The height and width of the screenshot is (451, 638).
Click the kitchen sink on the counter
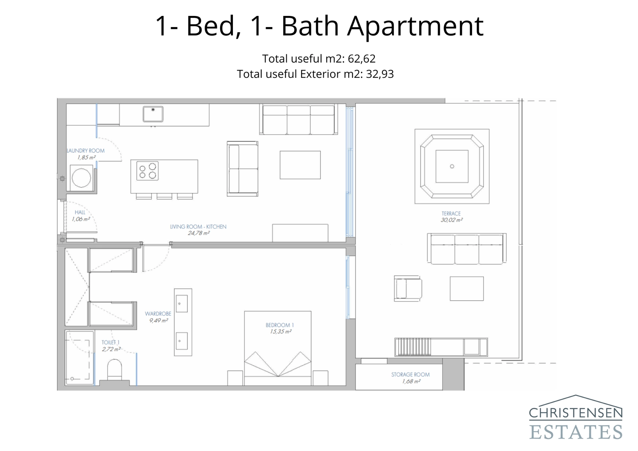[x=153, y=114]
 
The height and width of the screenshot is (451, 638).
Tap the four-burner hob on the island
[x=148, y=171]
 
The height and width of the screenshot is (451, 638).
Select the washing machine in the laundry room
[x=81, y=178]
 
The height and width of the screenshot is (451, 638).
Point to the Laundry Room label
[x=85, y=151]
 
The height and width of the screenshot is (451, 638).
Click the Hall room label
[x=80, y=213]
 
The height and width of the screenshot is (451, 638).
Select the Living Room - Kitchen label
[x=198, y=226]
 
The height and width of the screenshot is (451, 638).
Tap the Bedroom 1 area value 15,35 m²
[x=280, y=331]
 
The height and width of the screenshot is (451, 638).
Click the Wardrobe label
[x=158, y=314]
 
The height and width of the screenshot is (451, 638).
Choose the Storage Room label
[x=410, y=374]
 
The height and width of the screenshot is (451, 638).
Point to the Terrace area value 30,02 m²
[x=451, y=220]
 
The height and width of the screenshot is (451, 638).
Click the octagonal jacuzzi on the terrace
[x=452, y=166]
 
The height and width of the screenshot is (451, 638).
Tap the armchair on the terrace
[x=408, y=288]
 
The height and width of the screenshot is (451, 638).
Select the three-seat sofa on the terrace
[x=467, y=249]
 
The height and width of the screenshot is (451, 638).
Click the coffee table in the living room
[x=300, y=165]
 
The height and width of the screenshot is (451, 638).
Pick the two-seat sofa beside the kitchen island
[x=242, y=169]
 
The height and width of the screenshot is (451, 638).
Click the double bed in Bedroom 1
[x=278, y=351]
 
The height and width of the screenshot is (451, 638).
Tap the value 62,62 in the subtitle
[x=362, y=59]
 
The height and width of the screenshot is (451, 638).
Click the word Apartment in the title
[x=415, y=26]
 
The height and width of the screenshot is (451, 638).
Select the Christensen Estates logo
[x=575, y=418]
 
